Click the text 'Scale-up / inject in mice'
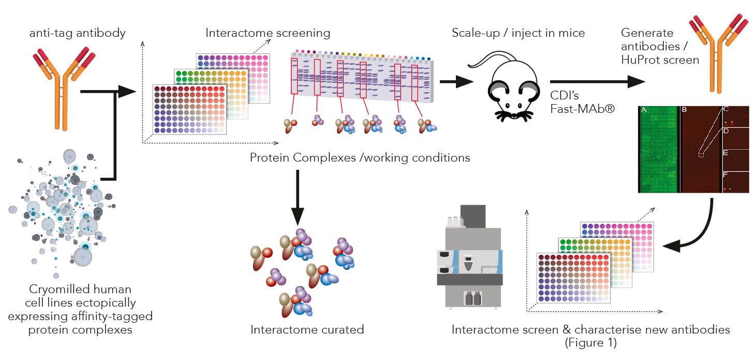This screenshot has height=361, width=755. coord(518,33)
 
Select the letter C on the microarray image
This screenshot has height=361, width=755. coord(726,110)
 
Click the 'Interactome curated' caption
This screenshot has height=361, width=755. coord(307,329)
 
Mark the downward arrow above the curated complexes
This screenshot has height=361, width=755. coord(298,197)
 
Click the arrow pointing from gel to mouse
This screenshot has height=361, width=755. coord(455,81)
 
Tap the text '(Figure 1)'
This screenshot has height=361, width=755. coord(591,342)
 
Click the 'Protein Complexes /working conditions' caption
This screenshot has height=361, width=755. coord(360,157)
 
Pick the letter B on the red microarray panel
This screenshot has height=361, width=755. coord(684,110)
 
